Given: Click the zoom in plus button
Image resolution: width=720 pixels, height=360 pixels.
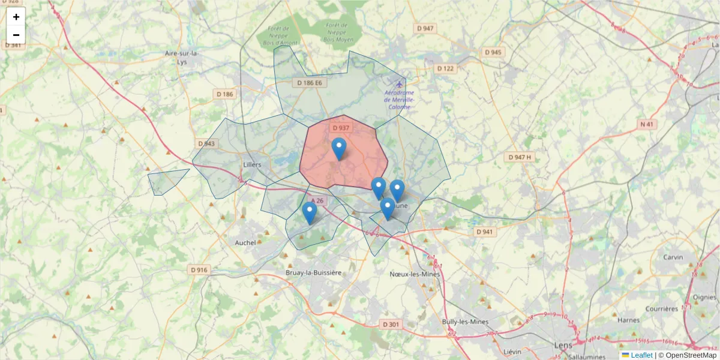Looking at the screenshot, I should point(16,17).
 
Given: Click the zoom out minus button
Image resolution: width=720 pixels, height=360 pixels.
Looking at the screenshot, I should point(16,35).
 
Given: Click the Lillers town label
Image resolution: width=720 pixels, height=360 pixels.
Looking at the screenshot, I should point(253,164).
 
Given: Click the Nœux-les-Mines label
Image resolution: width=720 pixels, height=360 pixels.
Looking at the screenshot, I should point(415,274).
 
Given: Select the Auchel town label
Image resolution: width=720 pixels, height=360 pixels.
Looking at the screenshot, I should point(246,242).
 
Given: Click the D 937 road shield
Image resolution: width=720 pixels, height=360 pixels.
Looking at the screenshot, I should point(340,128).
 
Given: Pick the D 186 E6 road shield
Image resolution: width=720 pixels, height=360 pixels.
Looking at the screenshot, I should point(310,83).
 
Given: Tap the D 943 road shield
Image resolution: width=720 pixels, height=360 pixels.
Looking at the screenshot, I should point(206,144).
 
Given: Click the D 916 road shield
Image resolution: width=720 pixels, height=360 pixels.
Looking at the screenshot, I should point(199,270).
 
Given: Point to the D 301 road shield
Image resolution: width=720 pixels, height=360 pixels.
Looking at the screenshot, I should point(391,324).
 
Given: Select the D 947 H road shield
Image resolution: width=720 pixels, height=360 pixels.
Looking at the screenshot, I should point(520,157).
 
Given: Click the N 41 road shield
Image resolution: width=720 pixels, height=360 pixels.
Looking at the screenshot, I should point(646,124).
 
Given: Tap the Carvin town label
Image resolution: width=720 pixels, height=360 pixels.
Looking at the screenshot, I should point(673,257).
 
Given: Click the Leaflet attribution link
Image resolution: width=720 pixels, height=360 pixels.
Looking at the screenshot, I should point(641,355).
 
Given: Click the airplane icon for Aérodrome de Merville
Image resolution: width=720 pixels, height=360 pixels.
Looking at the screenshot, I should point(399,83).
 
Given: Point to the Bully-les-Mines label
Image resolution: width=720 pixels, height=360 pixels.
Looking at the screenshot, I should point(465,322).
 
